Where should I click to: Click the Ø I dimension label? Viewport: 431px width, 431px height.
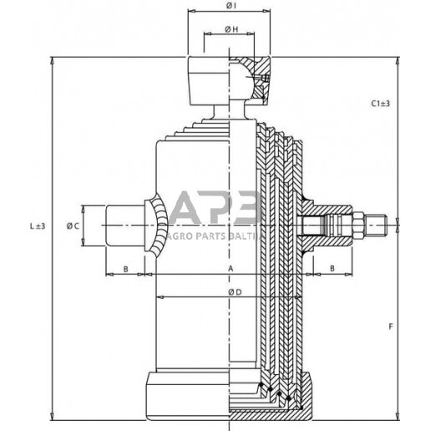pos(231,6)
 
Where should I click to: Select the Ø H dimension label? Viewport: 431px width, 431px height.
pos(231,29)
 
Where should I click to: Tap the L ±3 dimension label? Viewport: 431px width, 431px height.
pos(38,226)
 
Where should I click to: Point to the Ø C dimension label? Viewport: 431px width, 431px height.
pos(73,226)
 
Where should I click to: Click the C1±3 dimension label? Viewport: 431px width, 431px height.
pos(380,104)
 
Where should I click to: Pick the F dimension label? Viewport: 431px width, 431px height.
pos(391,327)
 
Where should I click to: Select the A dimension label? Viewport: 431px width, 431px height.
pos(231,269)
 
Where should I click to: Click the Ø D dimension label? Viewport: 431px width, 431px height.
pos(235,292)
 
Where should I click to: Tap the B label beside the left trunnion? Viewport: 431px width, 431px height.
pos(125,269)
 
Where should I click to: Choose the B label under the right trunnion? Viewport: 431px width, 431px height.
pos(332,268)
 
